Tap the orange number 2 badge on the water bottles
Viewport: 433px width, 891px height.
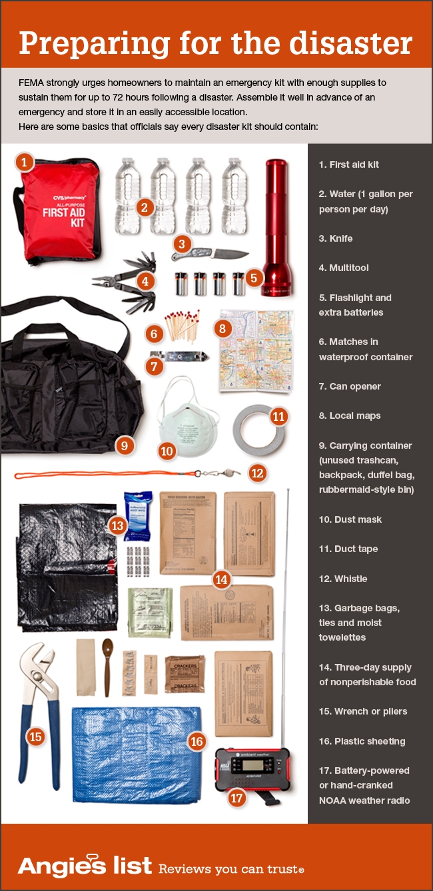pyautogui.click(x=143, y=206)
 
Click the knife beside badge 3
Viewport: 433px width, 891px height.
pyautogui.click(x=212, y=254)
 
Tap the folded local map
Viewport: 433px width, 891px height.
pyautogui.click(x=256, y=350)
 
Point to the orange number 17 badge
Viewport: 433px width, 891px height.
pyautogui.click(x=236, y=796)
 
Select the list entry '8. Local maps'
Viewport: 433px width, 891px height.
pyautogui.click(x=350, y=416)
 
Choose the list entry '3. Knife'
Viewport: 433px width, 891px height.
pyautogui.click(x=336, y=238)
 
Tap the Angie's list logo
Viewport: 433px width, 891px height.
pyautogui.click(x=85, y=865)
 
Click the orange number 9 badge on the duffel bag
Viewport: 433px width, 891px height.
pyautogui.click(x=124, y=445)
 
